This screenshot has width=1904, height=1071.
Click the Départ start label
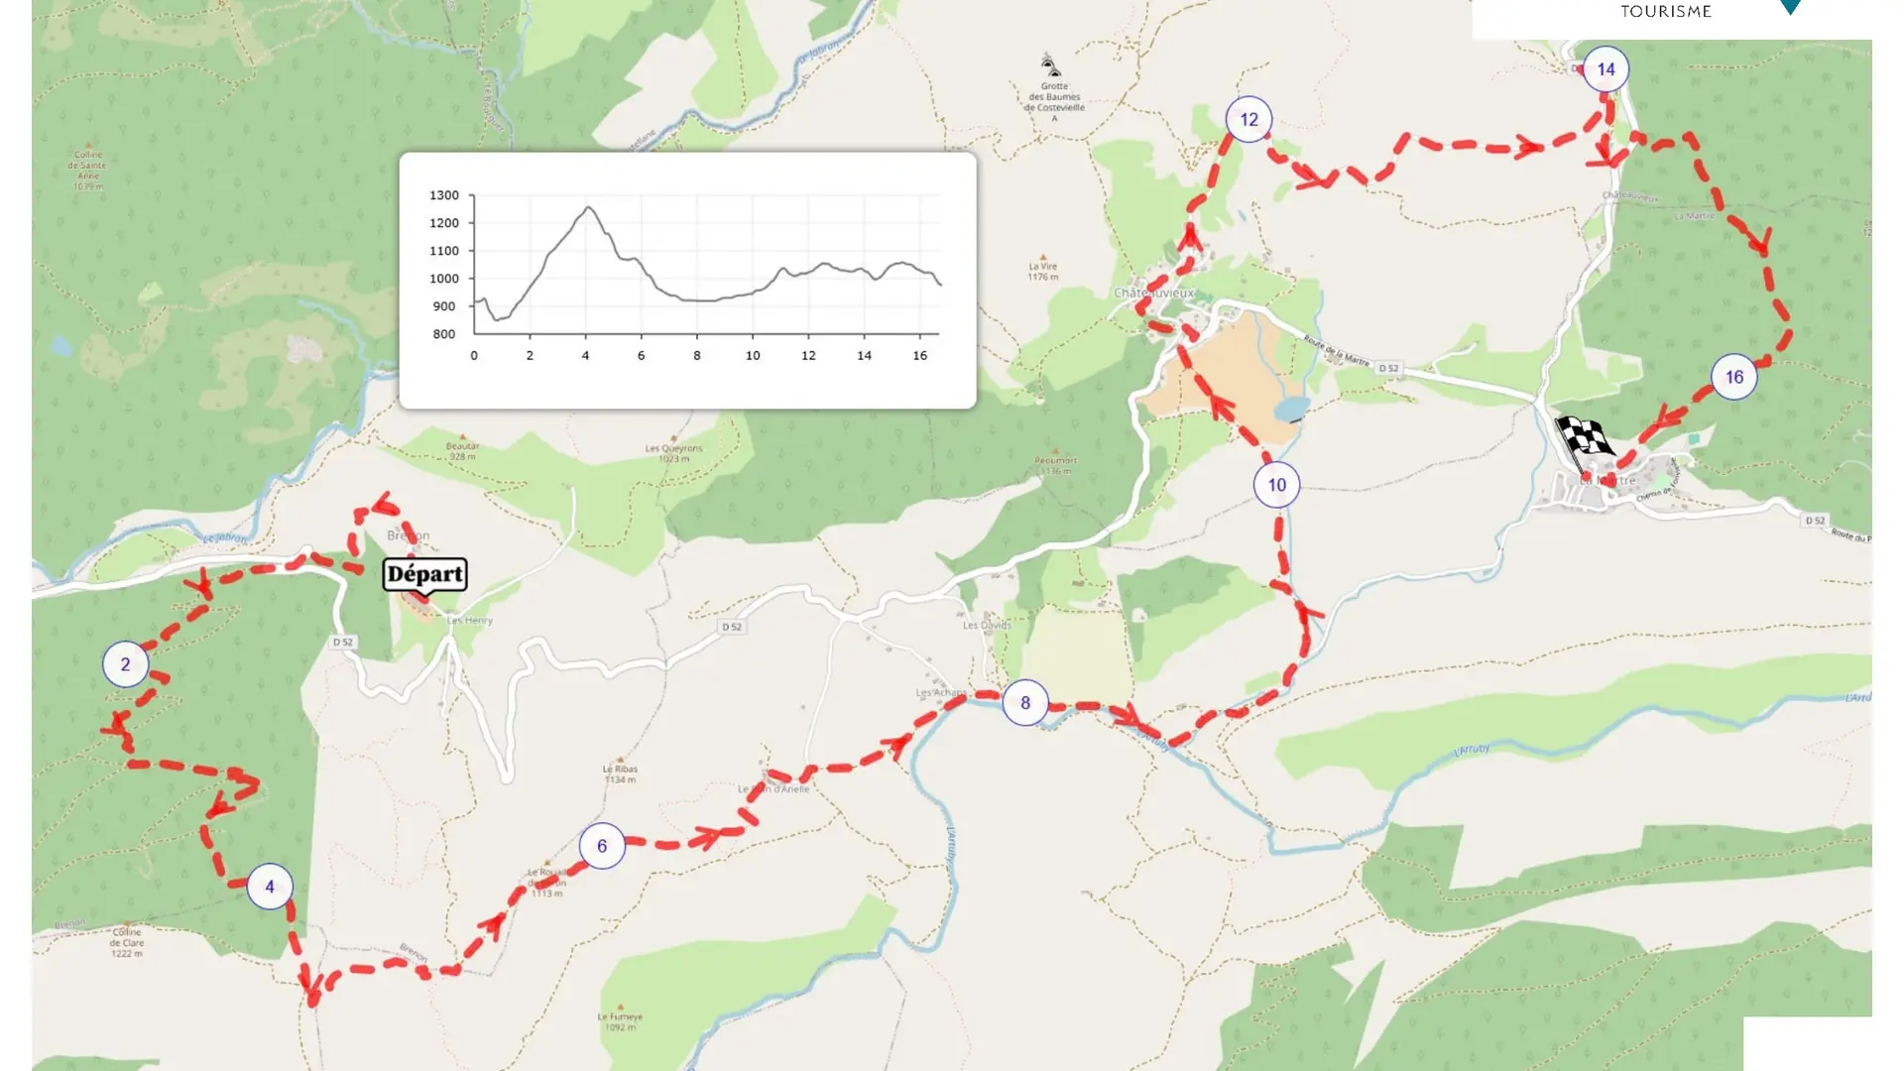[x=424, y=574]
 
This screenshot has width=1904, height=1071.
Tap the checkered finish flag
[x=1584, y=437]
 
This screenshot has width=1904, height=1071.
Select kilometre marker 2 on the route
[x=125, y=664]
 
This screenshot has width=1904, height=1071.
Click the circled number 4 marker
[x=270, y=887]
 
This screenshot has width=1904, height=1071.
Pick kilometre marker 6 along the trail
[x=602, y=846]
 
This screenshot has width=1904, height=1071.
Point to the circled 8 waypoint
[x=1025, y=703]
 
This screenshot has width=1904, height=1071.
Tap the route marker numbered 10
[x=1276, y=485]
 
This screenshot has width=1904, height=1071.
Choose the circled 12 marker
[x=1249, y=120]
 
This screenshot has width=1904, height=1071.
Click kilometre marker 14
[x=1606, y=69]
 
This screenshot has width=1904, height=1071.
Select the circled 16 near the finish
[x=1733, y=377]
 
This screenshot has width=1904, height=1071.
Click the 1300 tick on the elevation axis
[x=443, y=195]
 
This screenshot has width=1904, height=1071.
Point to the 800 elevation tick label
[x=443, y=334]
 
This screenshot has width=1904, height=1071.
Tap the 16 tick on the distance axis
[x=920, y=355]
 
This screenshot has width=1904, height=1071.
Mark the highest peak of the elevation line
[x=589, y=207]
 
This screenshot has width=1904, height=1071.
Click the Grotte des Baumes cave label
[x=1054, y=97]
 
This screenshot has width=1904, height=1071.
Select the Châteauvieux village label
[x=1153, y=293]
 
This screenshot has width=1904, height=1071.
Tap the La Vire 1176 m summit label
[x=1042, y=271]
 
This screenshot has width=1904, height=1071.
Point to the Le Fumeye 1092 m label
[x=620, y=1021]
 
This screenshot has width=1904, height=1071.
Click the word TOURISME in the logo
[x=1666, y=12]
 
